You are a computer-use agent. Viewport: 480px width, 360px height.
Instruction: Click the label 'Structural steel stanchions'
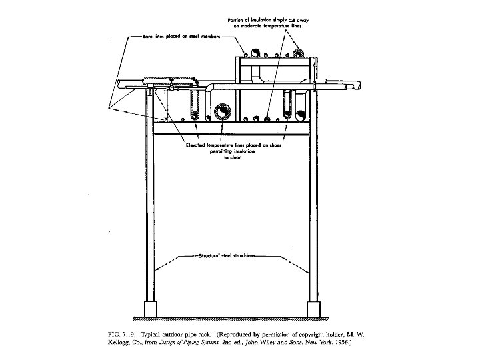228,255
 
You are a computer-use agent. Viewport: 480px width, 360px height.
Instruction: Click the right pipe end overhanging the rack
360,85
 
